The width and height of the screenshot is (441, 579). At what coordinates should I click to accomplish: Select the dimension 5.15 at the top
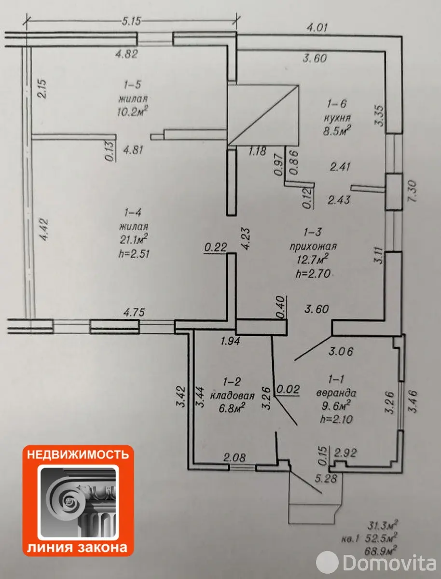(x=130, y=22)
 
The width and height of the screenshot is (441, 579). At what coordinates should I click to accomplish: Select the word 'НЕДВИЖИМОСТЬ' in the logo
(x=77, y=455)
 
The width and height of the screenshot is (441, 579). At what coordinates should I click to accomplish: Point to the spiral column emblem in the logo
(x=77, y=502)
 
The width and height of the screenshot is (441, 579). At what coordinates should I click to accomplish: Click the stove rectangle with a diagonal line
(x=262, y=114)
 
